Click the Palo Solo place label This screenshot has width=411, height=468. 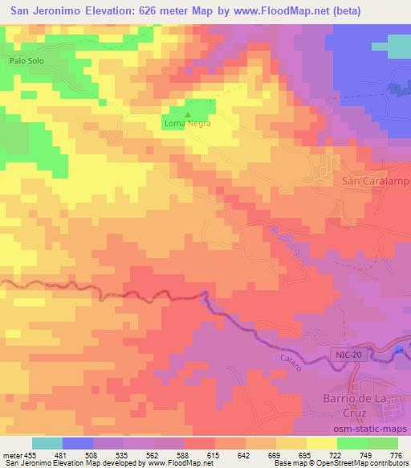(x=26, y=60)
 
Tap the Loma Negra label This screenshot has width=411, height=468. (x=187, y=124)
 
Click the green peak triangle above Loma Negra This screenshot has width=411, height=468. (x=188, y=113)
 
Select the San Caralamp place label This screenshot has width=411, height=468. (x=376, y=182)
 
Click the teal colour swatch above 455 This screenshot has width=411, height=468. (x=47, y=443)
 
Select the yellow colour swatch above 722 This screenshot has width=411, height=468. (x=322, y=443)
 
